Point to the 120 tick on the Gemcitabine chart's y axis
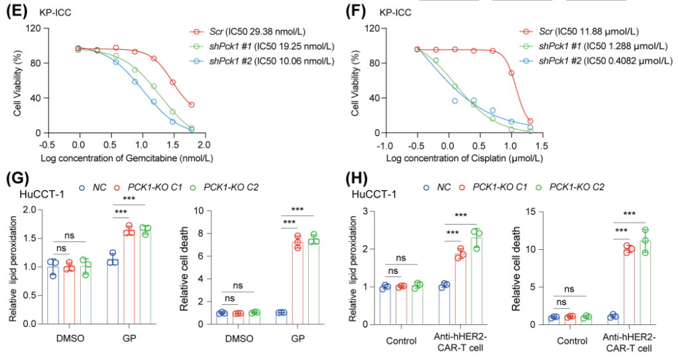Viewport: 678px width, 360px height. click(33, 29)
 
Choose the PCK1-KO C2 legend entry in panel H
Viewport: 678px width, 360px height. click(571, 187)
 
